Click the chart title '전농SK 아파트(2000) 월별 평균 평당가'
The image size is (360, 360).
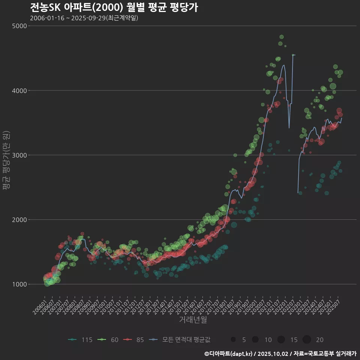114,7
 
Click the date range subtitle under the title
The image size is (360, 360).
84,18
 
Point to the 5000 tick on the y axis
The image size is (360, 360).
19,26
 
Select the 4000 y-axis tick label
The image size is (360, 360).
19,90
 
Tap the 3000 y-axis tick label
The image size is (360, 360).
19,155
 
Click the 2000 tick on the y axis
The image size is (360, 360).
19,220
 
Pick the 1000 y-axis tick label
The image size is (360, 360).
19,284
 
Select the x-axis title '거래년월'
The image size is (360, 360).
193,319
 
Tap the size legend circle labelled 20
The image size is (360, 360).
307,340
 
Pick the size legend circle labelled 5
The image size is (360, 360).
233,340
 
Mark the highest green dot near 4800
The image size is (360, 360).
282,37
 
